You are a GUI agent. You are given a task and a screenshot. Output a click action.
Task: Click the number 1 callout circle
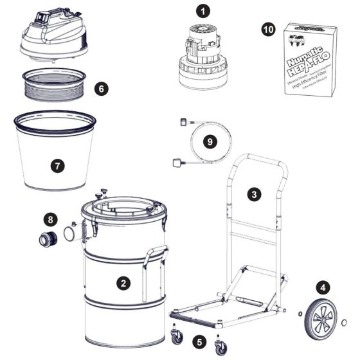pyautogui.click(x=204, y=11)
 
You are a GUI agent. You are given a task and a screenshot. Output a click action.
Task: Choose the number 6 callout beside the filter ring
pyautogui.click(x=100, y=89)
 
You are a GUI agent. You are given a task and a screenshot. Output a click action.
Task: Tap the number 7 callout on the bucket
pyautogui.click(x=58, y=165)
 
